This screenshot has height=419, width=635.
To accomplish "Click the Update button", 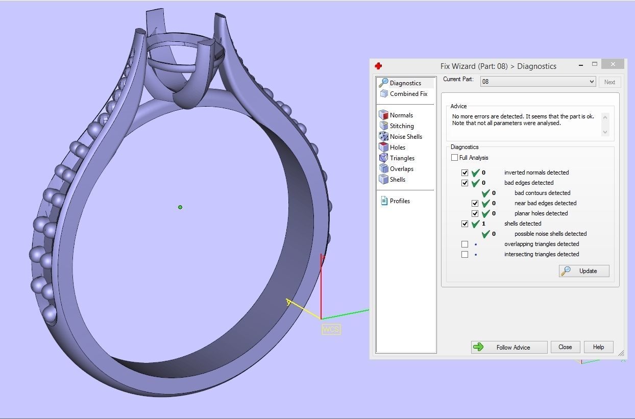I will tap(584, 271).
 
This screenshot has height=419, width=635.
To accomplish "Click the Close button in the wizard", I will tap(565, 347).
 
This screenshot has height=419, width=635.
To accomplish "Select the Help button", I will tap(598, 347).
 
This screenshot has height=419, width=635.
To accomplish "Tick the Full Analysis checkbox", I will tap(454, 158).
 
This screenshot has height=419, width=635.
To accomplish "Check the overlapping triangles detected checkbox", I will tap(465, 244).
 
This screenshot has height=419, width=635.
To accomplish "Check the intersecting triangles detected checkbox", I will tap(465, 254).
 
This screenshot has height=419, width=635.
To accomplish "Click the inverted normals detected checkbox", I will tap(465, 172).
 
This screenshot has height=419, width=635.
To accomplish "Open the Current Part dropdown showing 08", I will tap(538, 82).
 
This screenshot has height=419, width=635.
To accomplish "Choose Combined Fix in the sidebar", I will tap(408, 94).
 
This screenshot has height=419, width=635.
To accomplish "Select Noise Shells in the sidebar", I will tap(405, 137).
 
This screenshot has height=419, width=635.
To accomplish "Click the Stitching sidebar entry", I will tap(401, 126).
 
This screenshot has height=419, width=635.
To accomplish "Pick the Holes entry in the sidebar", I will tap(397, 147).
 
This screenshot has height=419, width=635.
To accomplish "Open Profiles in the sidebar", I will tap(399, 201).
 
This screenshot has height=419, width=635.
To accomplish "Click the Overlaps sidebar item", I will tap(401, 169).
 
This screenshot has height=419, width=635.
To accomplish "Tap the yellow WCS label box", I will tap(331, 330).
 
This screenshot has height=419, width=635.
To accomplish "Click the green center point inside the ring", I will tap(180, 207).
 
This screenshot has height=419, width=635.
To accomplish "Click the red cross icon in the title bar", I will tap(378, 66).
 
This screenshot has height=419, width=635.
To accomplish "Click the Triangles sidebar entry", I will tap(402, 158).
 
